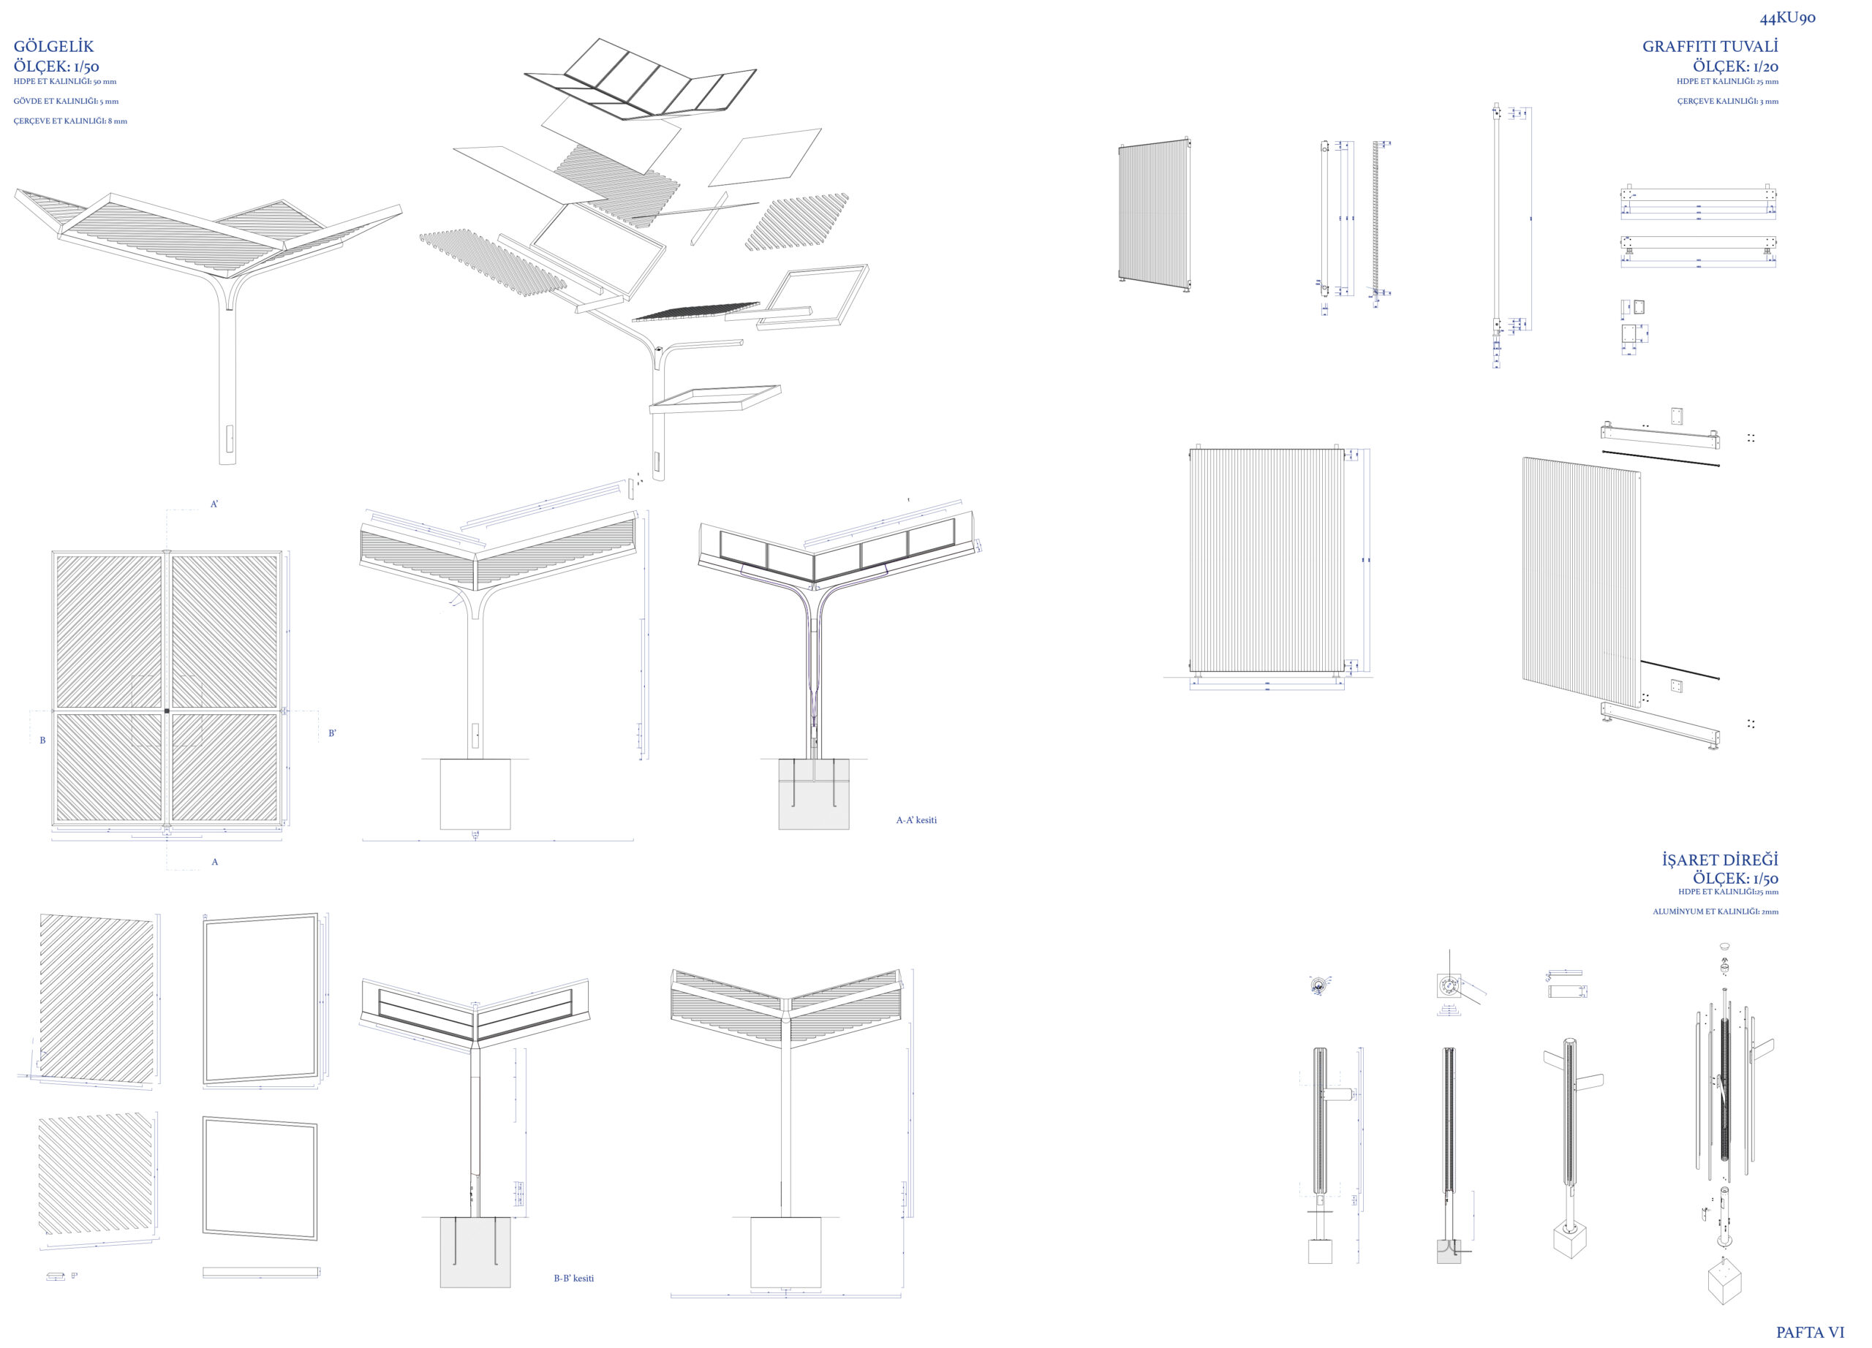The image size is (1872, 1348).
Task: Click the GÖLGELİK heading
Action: click(x=53, y=47)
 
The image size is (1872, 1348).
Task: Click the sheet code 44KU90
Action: click(x=1787, y=18)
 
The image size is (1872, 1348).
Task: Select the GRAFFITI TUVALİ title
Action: click(x=1710, y=47)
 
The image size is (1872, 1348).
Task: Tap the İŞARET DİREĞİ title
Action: click(x=1720, y=860)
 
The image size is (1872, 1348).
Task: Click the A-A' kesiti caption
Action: click(x=916, y=820)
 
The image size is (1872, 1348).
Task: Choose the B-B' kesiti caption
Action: click(x=573, y=1278)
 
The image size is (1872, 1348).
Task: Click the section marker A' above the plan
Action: click(x=214, y=504)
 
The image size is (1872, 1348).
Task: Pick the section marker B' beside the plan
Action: click(x=333, y=732)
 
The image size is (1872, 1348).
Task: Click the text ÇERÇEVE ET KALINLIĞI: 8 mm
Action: click(x=70, y=121)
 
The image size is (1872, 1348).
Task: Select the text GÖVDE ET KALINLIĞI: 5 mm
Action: click(x=66, y=102)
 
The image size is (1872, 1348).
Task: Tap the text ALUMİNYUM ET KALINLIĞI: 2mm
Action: click(x=1716, y=912)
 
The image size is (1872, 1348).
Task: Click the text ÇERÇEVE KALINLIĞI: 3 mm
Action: click(x=1727, y=102)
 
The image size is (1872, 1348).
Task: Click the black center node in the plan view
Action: click(x=167, y=711)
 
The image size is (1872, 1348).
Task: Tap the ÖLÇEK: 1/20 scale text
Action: click(x=1736, y=66)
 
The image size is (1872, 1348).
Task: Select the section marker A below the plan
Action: click(x=214, y=862)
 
